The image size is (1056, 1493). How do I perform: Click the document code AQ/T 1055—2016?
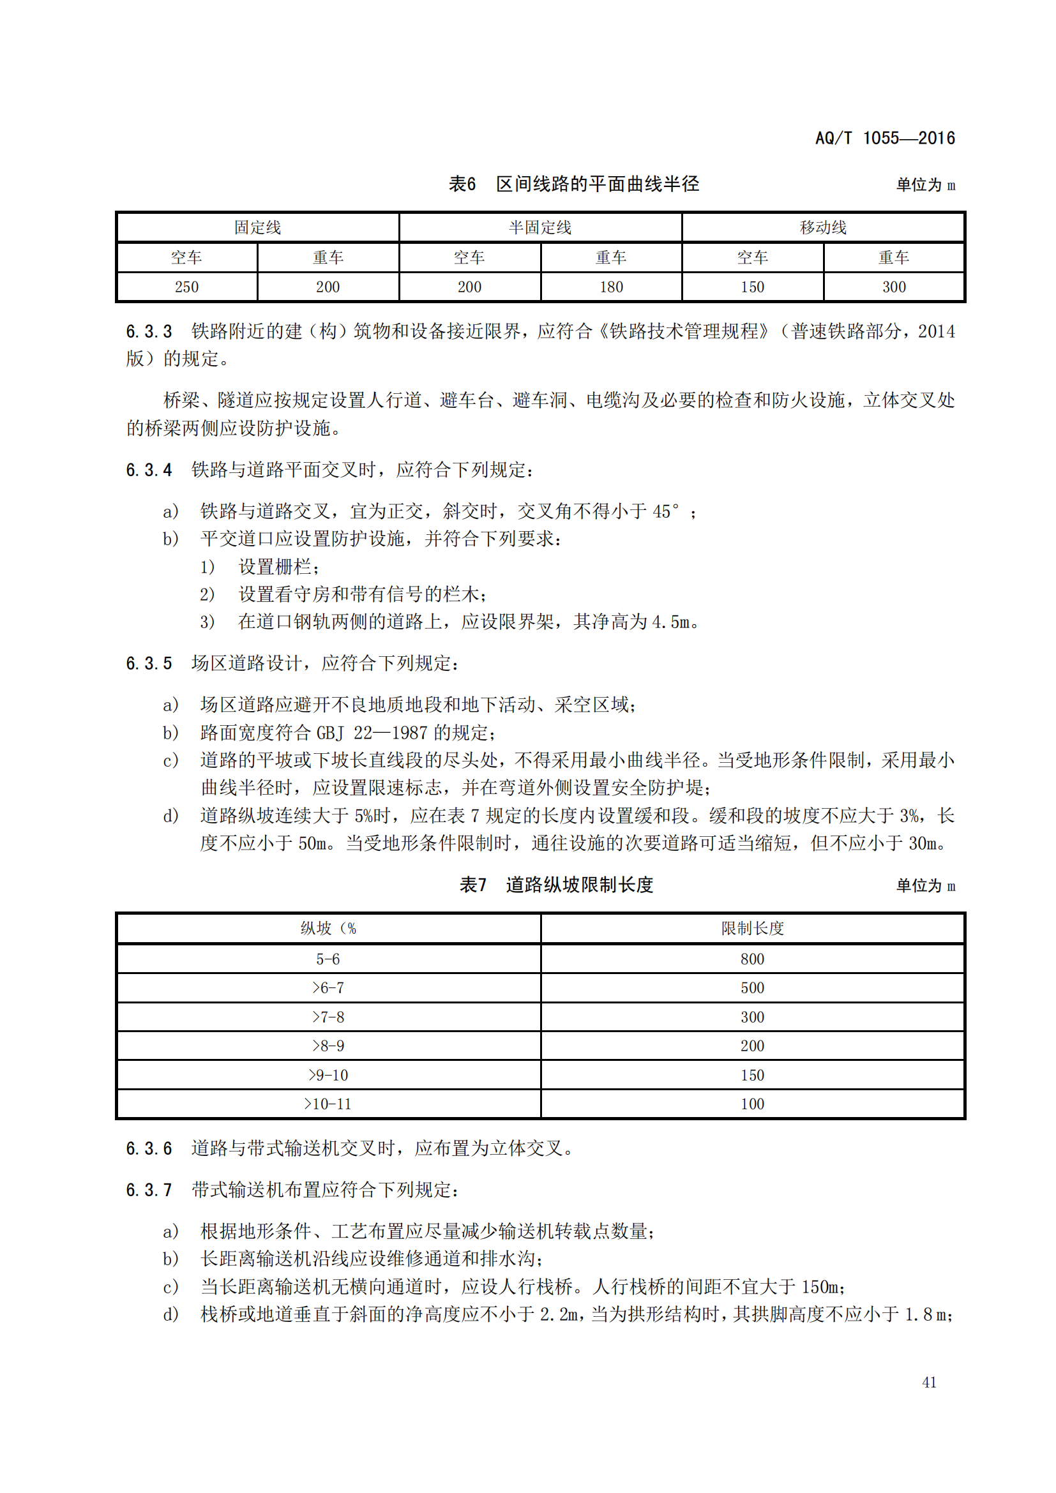884,138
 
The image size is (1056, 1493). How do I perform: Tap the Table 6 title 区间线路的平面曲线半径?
597,184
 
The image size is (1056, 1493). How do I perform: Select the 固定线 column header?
257,228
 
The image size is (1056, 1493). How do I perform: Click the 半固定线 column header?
539,228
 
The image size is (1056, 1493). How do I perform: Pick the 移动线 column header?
822,228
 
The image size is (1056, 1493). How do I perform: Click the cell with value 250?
186,287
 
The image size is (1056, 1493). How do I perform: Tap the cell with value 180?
610,287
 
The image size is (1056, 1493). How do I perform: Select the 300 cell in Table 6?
893,287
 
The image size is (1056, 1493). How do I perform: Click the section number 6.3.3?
149,332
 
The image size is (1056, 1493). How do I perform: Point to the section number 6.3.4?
149,470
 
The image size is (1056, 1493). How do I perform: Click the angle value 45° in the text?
666,512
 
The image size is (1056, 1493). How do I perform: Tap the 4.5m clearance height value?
671,622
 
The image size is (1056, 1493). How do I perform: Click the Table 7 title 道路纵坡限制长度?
578,885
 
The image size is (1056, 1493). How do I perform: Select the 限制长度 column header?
752,929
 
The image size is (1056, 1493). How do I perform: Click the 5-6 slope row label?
328,959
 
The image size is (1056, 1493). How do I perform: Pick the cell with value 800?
752,959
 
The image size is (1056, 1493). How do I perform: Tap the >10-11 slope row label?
328,1104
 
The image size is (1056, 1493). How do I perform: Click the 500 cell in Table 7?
752,988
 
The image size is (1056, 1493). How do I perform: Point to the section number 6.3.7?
149,1190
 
